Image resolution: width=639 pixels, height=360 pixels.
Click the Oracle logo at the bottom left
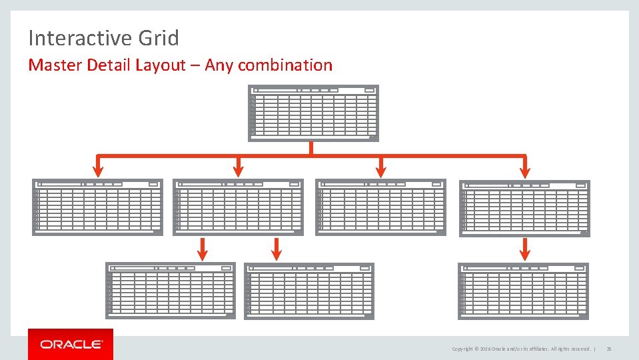(71, 344)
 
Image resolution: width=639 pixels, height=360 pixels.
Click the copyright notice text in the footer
(520, 349)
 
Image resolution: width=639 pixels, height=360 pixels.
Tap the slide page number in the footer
(609, 349)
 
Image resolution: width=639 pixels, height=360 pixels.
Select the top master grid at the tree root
(313, 113)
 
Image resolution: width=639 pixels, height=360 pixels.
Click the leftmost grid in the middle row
(97, 207)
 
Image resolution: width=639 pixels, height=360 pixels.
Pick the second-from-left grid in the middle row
(238, 207)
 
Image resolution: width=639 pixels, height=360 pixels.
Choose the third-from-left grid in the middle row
(380, 207)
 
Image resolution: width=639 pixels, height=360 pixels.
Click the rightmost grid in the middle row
(524, 208)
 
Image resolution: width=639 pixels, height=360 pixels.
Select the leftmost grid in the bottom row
(171, 290)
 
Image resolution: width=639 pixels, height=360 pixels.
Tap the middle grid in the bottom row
(309, 291)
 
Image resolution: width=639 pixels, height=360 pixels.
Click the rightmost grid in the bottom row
(524, 290)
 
